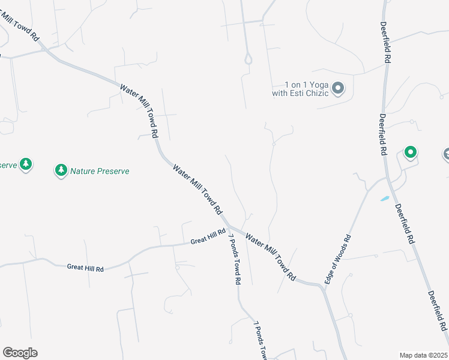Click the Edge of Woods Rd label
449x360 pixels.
point(337,260)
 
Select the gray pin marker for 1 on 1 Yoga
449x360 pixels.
point(338,89)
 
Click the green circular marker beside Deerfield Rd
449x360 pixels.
point(410,152)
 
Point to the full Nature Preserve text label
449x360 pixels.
point(100,171)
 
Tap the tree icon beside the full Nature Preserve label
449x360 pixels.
point(61,171)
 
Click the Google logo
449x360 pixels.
point(20,353)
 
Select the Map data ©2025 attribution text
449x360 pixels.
point(423,355)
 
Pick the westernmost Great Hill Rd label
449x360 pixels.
point(85,268)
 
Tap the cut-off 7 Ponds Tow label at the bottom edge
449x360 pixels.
point(260,341)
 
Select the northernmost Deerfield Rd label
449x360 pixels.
point(385,43)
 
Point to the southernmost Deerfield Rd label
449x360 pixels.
point(438,311)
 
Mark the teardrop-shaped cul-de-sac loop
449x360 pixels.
point(247,59)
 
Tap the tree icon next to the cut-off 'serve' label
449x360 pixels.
point(25,163)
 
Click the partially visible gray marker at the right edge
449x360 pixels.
point(446,155)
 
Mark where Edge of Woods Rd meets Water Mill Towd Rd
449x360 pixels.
point(324,287)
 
